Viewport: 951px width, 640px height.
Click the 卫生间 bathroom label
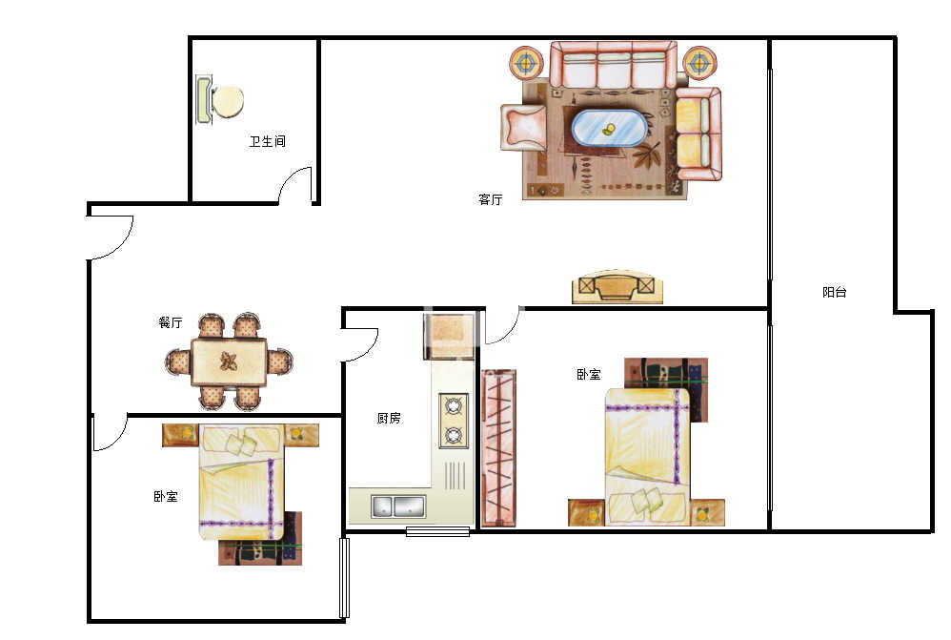tap(267, 141)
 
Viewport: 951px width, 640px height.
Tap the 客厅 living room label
tap(490, 199)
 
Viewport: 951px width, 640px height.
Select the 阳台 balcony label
tap(834, 292)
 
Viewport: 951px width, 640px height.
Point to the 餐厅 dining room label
tap(171, 322)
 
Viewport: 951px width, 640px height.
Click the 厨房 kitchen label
tap(389, 418)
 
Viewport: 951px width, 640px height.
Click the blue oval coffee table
tap(608, 128)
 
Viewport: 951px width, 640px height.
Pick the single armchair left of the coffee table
tap(523, 128)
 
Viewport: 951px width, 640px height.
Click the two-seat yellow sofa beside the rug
tap(698, 134)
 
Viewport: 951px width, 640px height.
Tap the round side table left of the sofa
tap(528, 62)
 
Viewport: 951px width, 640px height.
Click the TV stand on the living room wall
tap(617, 287)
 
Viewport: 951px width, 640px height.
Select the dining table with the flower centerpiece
tap(229, 361)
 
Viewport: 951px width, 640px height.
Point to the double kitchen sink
tap(398, 506)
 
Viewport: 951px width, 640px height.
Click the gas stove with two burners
tap(454, 421)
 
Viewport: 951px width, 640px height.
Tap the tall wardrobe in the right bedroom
tap(498, 447)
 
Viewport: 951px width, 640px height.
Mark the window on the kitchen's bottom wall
tap(437, 532)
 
